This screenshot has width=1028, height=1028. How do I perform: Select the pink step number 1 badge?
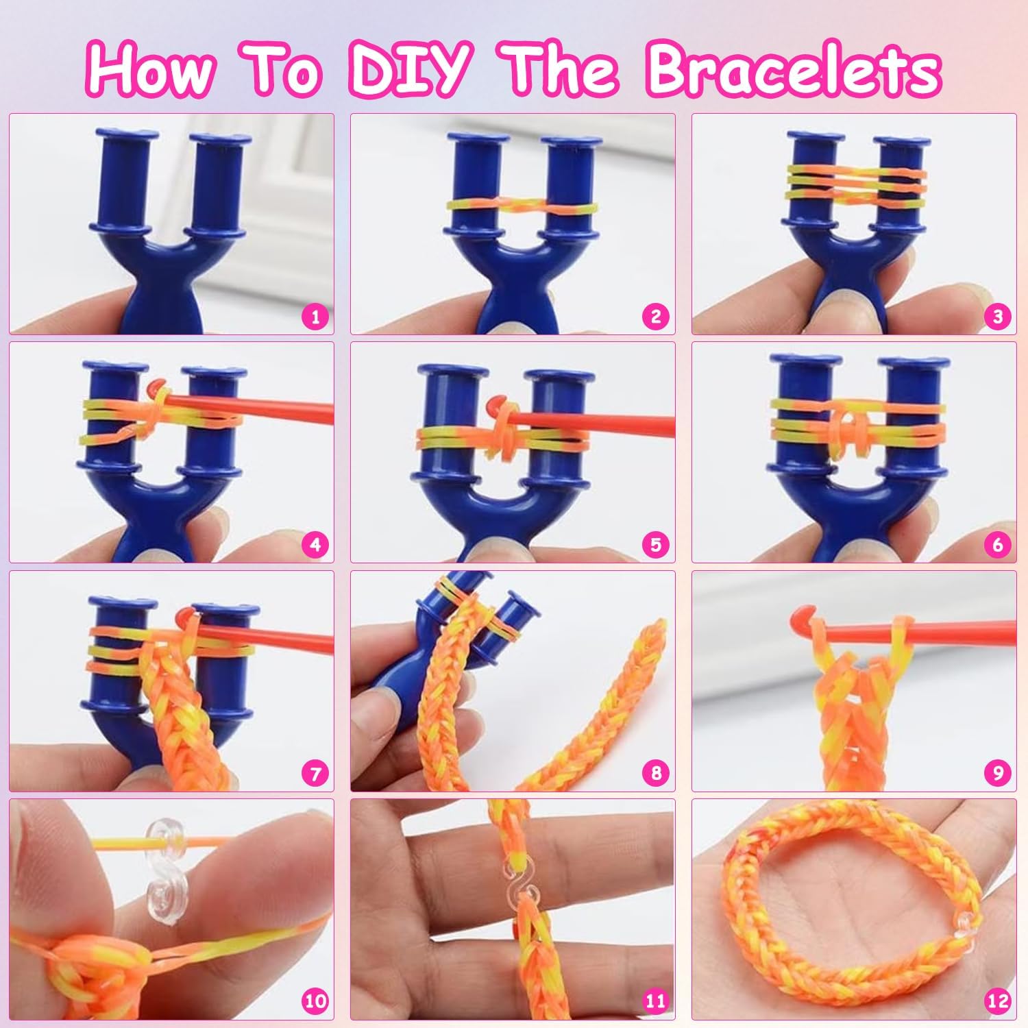tap(315, 317)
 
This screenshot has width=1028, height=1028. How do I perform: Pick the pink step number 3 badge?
tap(998, 317)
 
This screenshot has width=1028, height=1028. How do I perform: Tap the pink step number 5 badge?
tap(656, 545)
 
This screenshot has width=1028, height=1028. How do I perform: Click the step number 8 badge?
tap(656, 773)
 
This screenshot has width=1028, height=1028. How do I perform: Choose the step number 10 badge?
tap(315, 1001)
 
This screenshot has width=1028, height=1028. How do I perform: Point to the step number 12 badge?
tap(998, 1001)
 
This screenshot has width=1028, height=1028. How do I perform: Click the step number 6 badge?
tap(998, 545)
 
